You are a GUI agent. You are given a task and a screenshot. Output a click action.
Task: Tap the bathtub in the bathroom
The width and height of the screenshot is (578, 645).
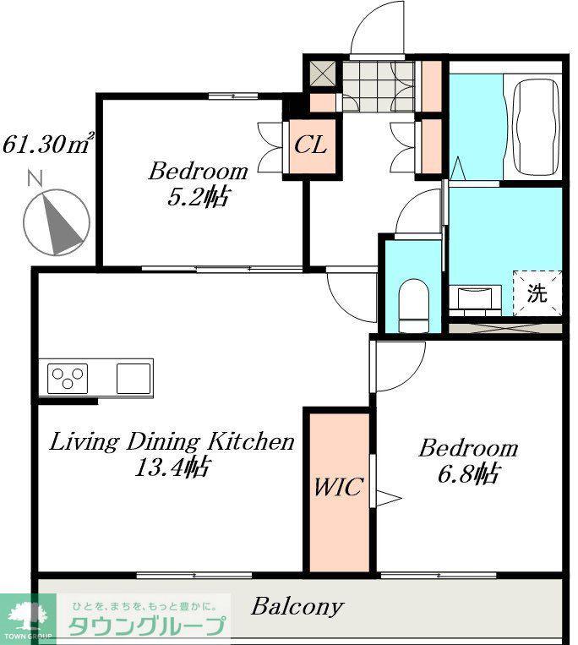537,127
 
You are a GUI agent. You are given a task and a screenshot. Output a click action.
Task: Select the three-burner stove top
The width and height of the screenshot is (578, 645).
68,379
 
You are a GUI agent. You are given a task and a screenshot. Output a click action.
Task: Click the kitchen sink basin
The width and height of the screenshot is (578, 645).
134,379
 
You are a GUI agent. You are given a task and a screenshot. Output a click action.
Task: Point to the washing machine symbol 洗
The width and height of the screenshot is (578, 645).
537,293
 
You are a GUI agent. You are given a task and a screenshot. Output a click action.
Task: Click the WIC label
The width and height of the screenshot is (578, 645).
338,487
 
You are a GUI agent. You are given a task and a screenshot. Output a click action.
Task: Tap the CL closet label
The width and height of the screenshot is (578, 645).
311,145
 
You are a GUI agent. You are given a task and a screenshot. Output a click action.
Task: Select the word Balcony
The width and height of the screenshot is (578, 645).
297,606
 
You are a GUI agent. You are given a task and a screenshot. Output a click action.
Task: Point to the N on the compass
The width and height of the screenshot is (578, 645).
35,178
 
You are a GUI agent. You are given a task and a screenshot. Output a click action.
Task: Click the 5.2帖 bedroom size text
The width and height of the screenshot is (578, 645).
198,198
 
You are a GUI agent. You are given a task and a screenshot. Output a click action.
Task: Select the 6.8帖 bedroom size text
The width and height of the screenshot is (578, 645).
468,474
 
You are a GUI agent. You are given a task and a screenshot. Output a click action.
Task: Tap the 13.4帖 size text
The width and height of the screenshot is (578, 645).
173,467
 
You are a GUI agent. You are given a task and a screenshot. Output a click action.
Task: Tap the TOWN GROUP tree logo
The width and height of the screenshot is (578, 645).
28,618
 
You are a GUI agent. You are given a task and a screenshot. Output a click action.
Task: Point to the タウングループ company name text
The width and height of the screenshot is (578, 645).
147,626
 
